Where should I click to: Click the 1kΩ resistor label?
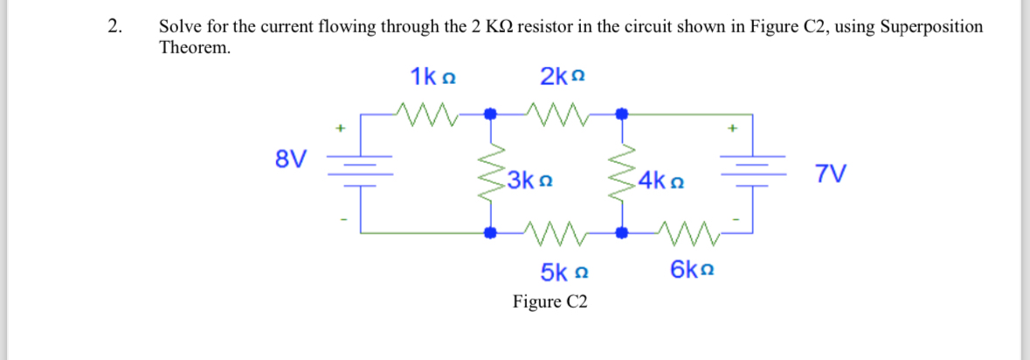tap(433, 77)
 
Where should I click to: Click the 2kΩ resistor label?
tap(562, 77)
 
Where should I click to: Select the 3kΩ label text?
tap(530, 183)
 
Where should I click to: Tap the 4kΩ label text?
tap(661, 183)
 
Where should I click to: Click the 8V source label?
tap(291, 159)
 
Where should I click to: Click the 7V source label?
tap(830, 173)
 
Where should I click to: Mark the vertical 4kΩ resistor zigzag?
tap(622, 173)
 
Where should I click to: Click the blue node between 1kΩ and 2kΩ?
tap(491, 114)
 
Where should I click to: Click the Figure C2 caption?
tap(550, 302)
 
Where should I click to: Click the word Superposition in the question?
tap(931, 26)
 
